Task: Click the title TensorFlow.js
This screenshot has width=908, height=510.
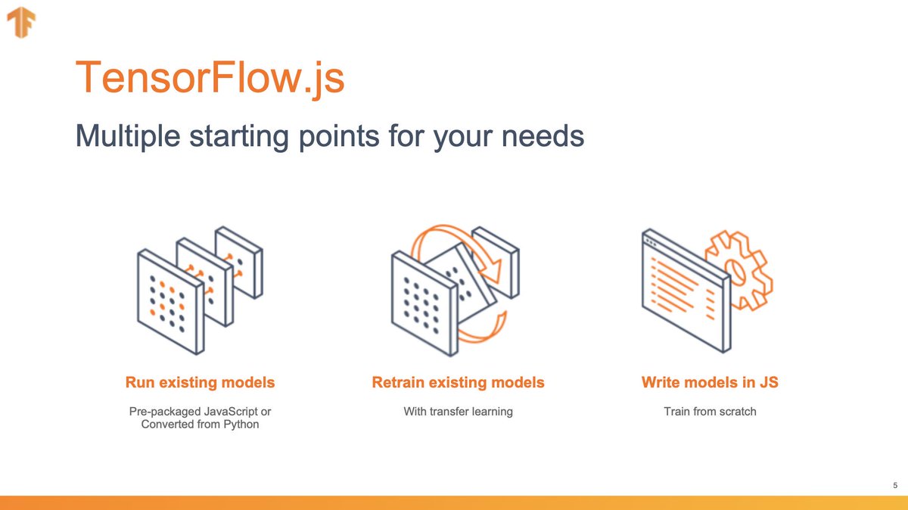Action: coord(210,77)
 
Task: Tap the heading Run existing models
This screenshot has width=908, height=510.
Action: coord(200,383)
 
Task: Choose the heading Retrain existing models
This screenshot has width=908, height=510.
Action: coord(458,383)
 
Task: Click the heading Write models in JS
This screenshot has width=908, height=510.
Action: coord(710,383)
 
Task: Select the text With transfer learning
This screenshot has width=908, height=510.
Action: coord(458,412)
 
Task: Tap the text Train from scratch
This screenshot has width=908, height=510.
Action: coord(710,412)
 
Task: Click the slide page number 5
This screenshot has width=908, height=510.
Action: coord(895,485)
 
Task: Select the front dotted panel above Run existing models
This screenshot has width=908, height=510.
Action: coord(170,303)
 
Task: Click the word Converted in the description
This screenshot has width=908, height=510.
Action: coord(167,424)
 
